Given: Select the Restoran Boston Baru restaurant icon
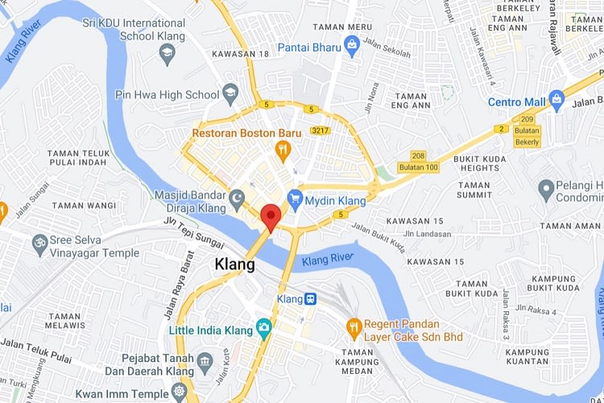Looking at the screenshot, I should pyautogui.click(x=282, y=148).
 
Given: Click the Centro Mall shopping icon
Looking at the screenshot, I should pyautogui.click(x=557, y=102).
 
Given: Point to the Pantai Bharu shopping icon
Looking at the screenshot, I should pyautogui.click(x=351, y=47).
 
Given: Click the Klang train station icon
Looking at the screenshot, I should pyautogui.click(x=310, y=299).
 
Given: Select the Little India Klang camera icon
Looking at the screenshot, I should pyautogui.click(x=263, y=328).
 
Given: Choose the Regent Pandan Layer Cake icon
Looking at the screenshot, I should pyautogui.click(x=353, y=327).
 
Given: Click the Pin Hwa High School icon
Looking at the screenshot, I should pyautogui.click(x=230, y=93).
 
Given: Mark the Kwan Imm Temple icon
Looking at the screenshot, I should pyautogui.click(x=178, y=393).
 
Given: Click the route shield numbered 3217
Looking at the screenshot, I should pyautogui.click(x=320, y=130).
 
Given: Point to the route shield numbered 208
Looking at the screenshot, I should pyautogui.click(x=417, y=156).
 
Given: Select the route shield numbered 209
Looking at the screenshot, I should pyautogui.click(x=526, y=118).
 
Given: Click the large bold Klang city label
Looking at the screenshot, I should pyautogui.click(x=235, y=264).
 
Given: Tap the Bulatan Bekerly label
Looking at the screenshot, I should pyautogui.click(x=527, y=135).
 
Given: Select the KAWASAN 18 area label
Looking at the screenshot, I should pyautogui.click(x=240, y=54).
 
